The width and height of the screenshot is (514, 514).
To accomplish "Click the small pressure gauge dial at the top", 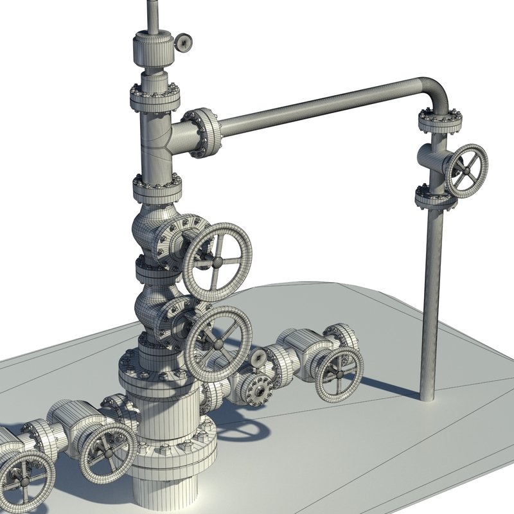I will tap(184, 42).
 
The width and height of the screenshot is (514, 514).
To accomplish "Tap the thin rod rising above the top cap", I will tap(153, 16).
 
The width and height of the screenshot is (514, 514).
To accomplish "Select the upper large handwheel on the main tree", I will tap(217, 262).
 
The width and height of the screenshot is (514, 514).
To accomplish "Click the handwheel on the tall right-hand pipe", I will tap(466, 170).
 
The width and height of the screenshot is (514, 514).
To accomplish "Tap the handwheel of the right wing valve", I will tap(339, 373).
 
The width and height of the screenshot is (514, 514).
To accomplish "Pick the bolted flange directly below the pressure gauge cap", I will tap(155, 97).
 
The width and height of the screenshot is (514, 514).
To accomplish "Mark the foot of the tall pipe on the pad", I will tap(427, 393).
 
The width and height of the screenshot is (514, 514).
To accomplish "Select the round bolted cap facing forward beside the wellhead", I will tap(258, 387).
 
